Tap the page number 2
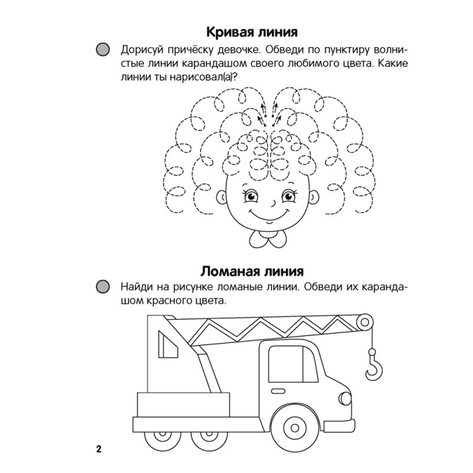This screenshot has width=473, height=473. [x=99, y=448]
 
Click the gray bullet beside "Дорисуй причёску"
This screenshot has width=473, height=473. [x=103, y=50]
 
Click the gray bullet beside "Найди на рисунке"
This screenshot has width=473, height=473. [x=103, y=287]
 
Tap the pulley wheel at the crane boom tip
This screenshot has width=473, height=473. [x=368, y=322]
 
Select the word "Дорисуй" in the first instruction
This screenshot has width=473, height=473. [x=142, y=50]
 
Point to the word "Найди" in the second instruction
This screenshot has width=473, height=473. [x=137, y=287]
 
